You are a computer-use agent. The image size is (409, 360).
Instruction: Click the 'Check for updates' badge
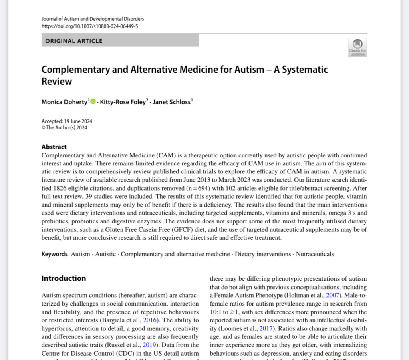[x=357, y=47]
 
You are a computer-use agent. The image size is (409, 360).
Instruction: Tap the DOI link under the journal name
[x=90, y=26]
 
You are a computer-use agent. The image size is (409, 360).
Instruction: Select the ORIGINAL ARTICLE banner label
[x=74, y=41]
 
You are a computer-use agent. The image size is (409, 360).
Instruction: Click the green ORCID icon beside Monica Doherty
[x=93, y=102]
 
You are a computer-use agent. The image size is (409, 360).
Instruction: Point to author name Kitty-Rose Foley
[x=123, y=102]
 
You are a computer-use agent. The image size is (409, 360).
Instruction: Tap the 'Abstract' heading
[x=54, y=147]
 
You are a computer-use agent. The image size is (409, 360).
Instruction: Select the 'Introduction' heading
[x=64, y=278]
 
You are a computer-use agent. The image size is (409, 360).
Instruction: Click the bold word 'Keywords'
[x=54, y=254]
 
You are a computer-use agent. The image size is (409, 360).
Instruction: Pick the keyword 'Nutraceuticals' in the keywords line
[x=315, y=254]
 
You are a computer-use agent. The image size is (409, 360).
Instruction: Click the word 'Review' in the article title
[x=57, y=81]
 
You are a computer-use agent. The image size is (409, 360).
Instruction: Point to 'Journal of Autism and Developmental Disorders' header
[x=93, y=19]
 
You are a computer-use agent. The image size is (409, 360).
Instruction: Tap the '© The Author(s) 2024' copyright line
[x=64, y=128]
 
